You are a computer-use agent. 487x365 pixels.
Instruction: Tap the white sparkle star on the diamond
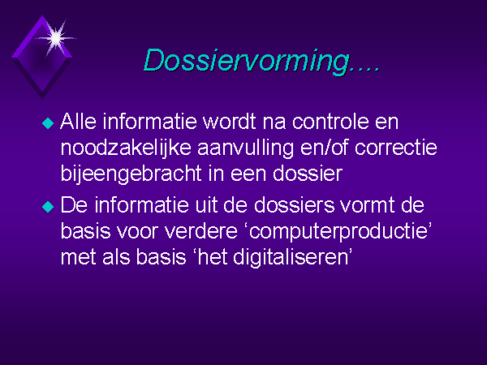[56, 38]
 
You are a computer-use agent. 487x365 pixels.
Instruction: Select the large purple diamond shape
[42, 58]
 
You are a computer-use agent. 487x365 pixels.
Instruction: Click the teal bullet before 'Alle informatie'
[48, 123]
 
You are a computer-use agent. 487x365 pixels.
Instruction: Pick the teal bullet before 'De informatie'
[48, 207]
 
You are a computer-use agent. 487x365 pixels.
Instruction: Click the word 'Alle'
[78, 122]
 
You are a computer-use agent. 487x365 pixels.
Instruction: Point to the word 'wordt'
[230, 122]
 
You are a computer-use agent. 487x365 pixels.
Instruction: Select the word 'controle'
[330, 122]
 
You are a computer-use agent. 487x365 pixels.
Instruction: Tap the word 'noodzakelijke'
[126, 148]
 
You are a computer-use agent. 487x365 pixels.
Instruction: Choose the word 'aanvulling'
[245, 149]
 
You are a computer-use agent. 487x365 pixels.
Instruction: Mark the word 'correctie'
[396, 148]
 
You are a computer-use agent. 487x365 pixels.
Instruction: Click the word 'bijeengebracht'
[131, 174]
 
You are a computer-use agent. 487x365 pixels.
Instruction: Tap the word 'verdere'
[201, 231]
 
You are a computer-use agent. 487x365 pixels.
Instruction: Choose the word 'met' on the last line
[78, 258]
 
